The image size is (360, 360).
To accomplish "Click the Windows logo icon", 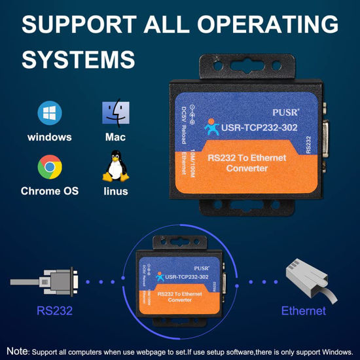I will (50, 113).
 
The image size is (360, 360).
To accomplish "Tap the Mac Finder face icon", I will (115, 113).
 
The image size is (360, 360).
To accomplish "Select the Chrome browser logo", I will (50, 167).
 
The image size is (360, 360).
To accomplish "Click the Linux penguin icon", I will (115, 166).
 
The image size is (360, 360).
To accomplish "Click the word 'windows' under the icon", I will (50, 137).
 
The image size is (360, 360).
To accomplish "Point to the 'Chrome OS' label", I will (50, 191).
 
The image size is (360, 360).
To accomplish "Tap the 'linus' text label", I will (115, 191).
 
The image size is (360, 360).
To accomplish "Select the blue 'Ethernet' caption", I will (303, 310).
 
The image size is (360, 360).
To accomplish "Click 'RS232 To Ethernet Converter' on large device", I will (247, 163).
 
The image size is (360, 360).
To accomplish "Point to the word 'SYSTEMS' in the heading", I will (78, 58).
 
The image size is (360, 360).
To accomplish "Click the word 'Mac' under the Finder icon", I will (115, 137).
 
